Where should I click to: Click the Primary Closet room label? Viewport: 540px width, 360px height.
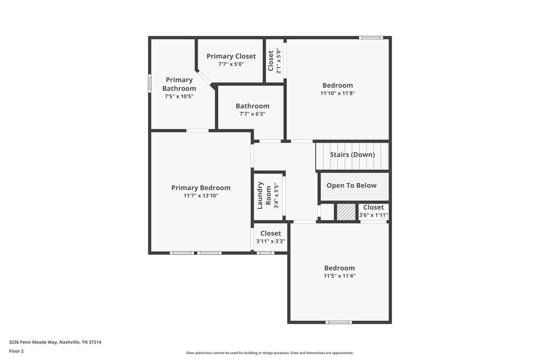pyautogui.click(x=231, y=56)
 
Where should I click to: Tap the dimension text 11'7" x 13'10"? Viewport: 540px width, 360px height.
pyautogui.click(x=200, y=196)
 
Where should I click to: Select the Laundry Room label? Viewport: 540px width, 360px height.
pyautogui.click(x=260, y=195)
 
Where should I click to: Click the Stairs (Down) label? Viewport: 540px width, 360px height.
pyautogui.click(x=352, y=155)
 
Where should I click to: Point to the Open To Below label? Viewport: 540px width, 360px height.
pyautogui.click(x=352, y=186)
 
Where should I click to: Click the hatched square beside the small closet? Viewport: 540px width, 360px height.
pyautogui.click(x=346, y=212)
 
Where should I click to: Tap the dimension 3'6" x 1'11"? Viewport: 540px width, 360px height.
pyautogui.click(x=373, y=215)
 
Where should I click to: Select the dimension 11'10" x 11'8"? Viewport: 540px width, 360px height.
pyautogui.click(x=337, y=93)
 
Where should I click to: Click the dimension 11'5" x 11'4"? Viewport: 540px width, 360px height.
pyautogui.click(x=339, y=276)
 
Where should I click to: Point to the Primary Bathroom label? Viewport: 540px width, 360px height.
pyautogui.click(x=179, y=84)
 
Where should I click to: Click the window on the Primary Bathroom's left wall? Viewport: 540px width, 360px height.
pyautogui.click(x=150, y=84)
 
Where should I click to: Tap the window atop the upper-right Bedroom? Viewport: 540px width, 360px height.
pyautogui.click(x=371, y=37)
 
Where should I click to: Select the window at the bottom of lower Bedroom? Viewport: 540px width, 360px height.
pyautogui.click(x=339, y=322)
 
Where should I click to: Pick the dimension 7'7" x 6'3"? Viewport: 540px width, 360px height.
pyautogui.click(x=252, y=114)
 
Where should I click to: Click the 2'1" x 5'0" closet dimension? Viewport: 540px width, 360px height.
pyautogui.click(x=279, y=61)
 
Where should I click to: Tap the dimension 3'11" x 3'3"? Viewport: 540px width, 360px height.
pyautogui.click(x=271, y=241)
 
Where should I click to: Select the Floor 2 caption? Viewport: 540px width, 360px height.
pyautogui.click(x=16, y=351)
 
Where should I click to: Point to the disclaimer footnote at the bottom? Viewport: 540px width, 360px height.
pyautogui.click(x=270, y=353)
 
